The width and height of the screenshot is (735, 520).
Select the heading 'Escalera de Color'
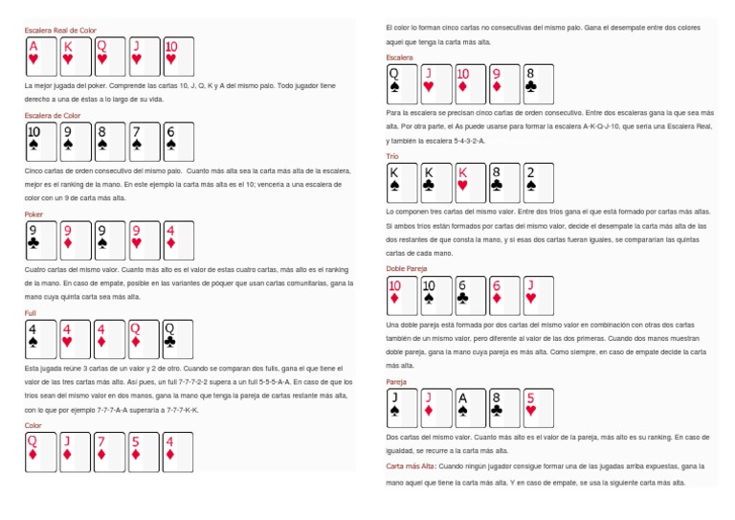53,115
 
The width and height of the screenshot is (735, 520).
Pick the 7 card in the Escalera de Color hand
144,141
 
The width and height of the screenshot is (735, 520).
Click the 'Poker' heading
33,215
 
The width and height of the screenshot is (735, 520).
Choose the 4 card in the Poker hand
178,240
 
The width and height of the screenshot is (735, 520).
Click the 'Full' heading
31,313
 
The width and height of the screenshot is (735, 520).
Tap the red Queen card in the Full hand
144,338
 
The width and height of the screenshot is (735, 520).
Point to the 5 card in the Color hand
144,451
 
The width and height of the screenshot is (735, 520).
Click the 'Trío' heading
392,155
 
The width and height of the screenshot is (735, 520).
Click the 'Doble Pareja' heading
407,269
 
